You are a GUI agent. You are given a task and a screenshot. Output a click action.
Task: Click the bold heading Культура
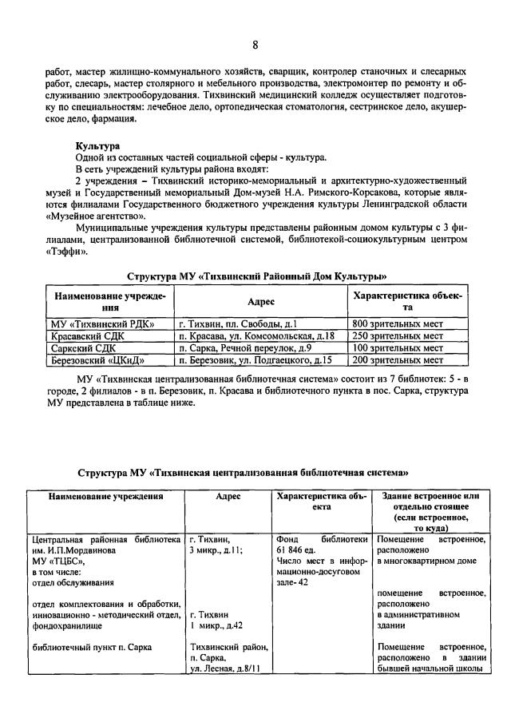pos(97,146)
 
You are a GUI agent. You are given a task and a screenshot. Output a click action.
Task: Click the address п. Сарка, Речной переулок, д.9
pos(245,348)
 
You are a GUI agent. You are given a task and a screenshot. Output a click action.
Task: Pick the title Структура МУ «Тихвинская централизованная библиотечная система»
pos(255,472)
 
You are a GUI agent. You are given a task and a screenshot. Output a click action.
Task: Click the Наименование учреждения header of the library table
pos(105,496)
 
